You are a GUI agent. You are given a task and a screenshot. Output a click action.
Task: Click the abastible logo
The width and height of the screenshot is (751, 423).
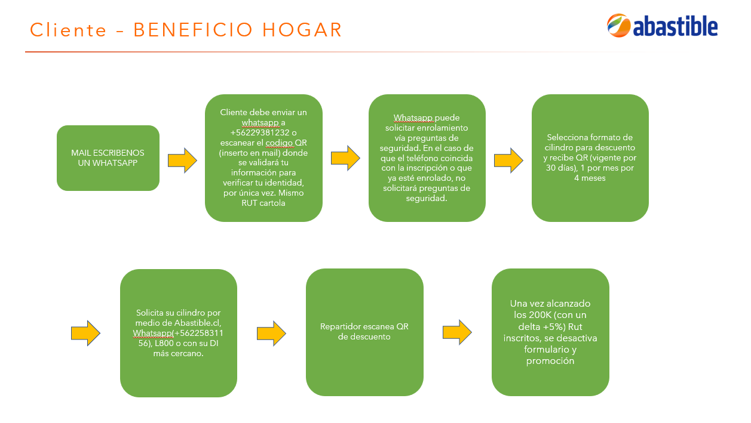(662, 26)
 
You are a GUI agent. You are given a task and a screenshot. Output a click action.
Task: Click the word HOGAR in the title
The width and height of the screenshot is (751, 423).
(302, 29)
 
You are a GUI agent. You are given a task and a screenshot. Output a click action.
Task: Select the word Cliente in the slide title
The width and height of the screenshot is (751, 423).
(68, 29)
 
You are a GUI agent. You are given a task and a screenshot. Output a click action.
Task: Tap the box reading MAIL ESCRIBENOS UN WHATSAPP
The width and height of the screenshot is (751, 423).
(108, 158)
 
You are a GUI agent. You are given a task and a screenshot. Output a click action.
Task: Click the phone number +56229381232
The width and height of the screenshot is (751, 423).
(260, 132)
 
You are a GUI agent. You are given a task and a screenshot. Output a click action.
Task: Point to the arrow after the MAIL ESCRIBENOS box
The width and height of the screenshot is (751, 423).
(182, 160)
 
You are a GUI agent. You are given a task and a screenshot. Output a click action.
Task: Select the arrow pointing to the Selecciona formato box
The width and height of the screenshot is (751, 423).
(508, 160)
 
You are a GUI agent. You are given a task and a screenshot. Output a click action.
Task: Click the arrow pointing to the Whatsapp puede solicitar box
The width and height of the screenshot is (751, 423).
(346, 158)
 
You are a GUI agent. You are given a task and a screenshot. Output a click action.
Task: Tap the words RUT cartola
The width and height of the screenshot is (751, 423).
(263, 203)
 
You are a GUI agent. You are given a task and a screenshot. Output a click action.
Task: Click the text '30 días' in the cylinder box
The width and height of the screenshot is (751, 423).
(560, 168)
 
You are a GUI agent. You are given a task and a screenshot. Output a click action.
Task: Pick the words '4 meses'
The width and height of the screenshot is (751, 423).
(590, 178)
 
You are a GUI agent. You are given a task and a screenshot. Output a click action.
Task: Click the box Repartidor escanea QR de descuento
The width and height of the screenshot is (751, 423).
(364, 332)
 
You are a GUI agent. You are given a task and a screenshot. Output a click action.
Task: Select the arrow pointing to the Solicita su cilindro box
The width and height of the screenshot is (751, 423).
(85, 334)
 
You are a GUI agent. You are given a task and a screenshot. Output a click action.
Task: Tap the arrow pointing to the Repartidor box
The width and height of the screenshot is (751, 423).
(271, 334)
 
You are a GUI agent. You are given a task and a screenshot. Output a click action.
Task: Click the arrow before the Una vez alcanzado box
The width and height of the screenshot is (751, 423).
(457, 332)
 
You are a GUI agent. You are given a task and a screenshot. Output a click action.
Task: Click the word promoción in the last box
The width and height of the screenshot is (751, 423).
(550, 361)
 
